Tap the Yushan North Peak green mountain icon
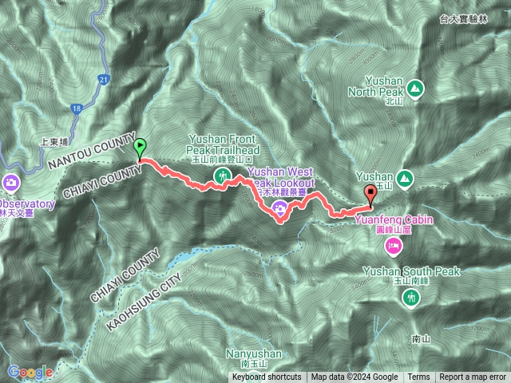[x=414, y=87]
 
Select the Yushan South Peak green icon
[x=411, y=298]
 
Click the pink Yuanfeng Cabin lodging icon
[x=393, y=247]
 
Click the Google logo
[x=30, y=372]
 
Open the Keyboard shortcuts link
[x=267, y=377]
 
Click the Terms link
[x=418, y=377]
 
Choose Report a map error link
[x=473, y=377]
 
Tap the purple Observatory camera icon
[x=12, y=184]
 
